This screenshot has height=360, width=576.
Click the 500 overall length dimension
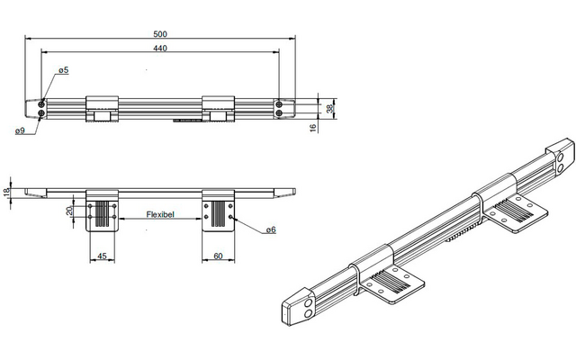coord(160,34)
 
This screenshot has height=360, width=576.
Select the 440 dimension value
coord(160,48)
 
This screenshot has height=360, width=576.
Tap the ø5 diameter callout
coord(64,70)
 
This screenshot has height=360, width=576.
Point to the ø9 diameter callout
coord(20,130)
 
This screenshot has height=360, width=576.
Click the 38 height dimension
coord(330,108)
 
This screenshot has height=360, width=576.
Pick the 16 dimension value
coord(313,128)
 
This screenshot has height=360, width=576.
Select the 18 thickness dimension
coord(6,193)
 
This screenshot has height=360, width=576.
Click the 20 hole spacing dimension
coord(69,211)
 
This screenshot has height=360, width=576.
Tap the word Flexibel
coord(160,214)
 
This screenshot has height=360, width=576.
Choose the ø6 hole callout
coord(271,230)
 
